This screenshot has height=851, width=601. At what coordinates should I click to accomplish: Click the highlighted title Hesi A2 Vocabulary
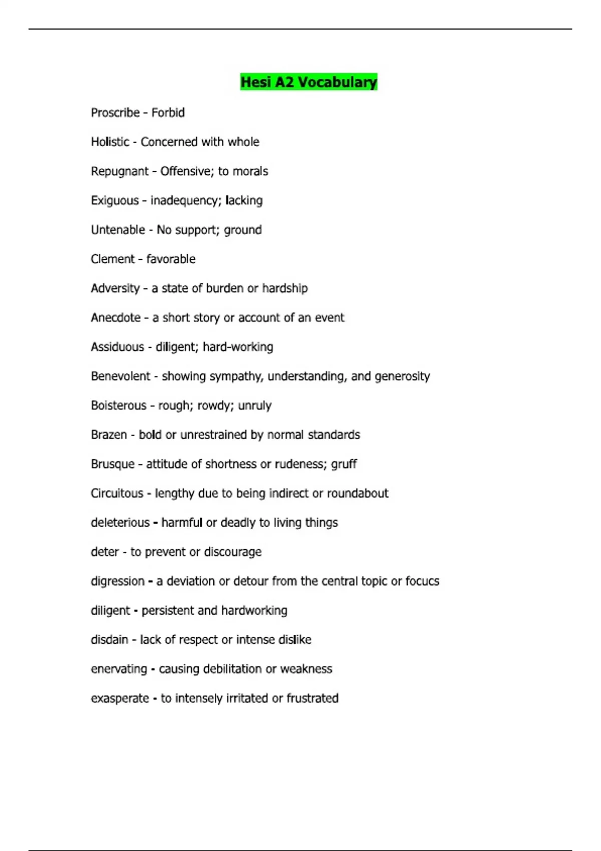tap(309, 82)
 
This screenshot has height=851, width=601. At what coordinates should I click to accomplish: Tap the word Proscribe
tap(115, 113)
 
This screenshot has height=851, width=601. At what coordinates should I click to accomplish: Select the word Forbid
tap(168, 113)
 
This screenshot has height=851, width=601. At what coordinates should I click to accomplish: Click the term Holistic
tap(110, 142)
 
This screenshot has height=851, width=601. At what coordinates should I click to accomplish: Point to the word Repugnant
tap(120, 172)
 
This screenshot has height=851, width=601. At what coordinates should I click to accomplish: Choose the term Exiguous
tap(115, 201)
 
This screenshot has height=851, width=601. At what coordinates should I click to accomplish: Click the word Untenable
tap(118, 230)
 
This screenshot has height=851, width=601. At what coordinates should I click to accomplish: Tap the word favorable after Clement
tap(171, 259)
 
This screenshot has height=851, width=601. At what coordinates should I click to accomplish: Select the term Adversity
tap(115, 289)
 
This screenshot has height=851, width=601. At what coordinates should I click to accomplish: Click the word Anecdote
tap(116, 318)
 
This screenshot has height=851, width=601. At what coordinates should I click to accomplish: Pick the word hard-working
tap(238, 347)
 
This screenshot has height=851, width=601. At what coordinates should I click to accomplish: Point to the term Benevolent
tap(120, 376)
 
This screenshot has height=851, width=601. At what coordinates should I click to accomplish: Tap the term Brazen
tap(109, 435)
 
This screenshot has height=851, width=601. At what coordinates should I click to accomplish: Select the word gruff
tap(344, 464)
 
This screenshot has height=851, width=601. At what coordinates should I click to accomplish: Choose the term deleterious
tap(120, 523)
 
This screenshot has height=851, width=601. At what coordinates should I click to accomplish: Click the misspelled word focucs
tap(422, 581)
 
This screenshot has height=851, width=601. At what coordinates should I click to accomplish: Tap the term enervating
tap(119, 669)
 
